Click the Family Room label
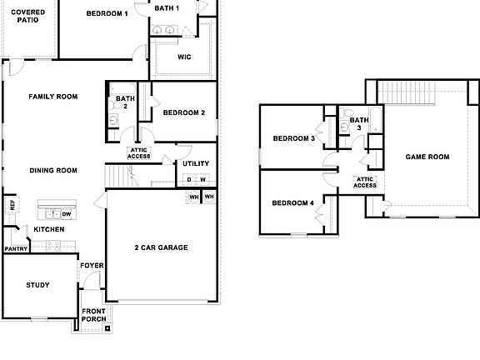point(52,97)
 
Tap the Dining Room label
point(53,171)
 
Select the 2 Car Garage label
point(161,247)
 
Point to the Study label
point(37,286)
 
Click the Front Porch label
point(93,316)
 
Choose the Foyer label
point(92,266)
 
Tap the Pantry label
point(15,248)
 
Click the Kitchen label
point(49,229)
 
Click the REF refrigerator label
point(12,205)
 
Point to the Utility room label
point(196,163)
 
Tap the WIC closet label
point(186,57)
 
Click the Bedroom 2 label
point(184,112)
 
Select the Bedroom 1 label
point(107,13)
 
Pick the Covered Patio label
point(27,16)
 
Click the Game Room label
point(427,157)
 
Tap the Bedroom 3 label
point(293,138)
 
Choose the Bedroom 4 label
point(293,203)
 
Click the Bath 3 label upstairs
point(359,124)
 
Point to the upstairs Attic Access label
point(365,182)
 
